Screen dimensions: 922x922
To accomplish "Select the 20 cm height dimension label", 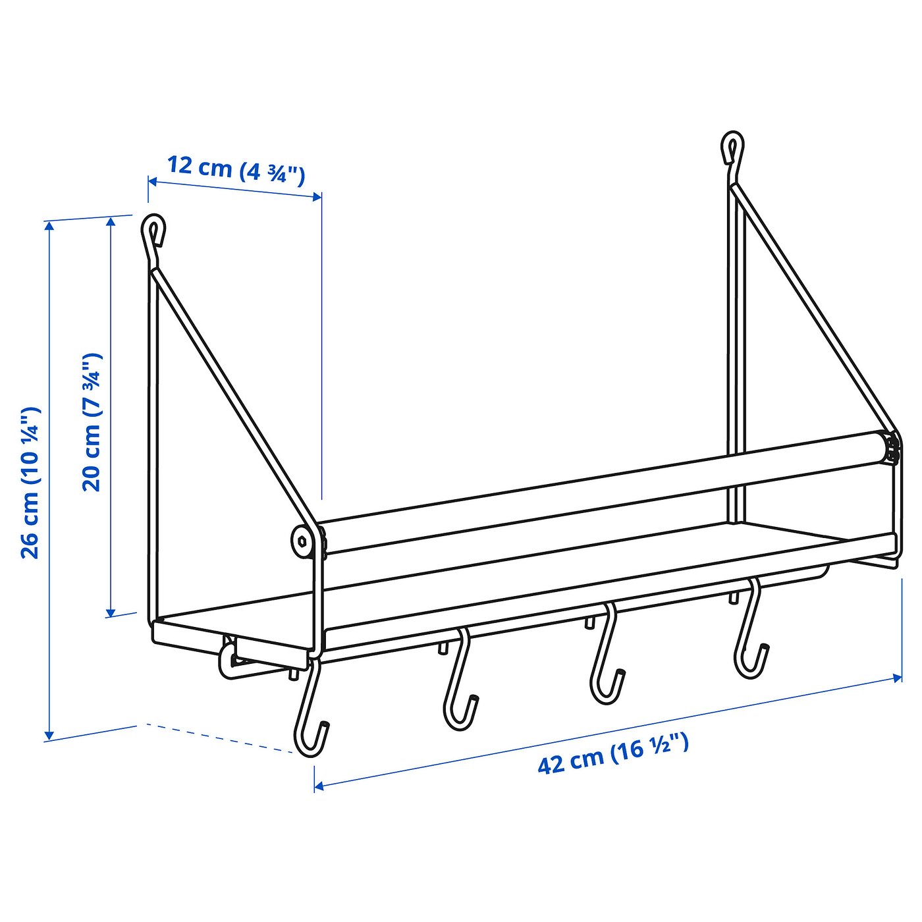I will pyautogui.click(x=92, y=422).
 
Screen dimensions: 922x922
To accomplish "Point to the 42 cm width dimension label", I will pyautogui.click(x=613, y=754).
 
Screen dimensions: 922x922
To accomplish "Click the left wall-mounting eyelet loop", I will pyautogui.click(x=153, y=229).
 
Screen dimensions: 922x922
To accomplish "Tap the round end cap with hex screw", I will pyautogui.click(x=303, y=541).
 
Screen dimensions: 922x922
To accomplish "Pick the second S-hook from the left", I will pyautogui.click(x=459, y=685).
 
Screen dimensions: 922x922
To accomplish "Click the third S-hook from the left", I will pyautogui.click(x=606, y=659).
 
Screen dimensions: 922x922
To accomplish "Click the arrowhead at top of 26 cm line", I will pyautogui.click(x=48, y=226).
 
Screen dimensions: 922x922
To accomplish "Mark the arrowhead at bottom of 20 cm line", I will pyautogui.click(x=111, y=612).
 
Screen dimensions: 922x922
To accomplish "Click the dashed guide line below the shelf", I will pyautogui.click(x=217, y=738).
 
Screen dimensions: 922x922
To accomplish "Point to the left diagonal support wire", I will pyautogui.click(x=230, y=395).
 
